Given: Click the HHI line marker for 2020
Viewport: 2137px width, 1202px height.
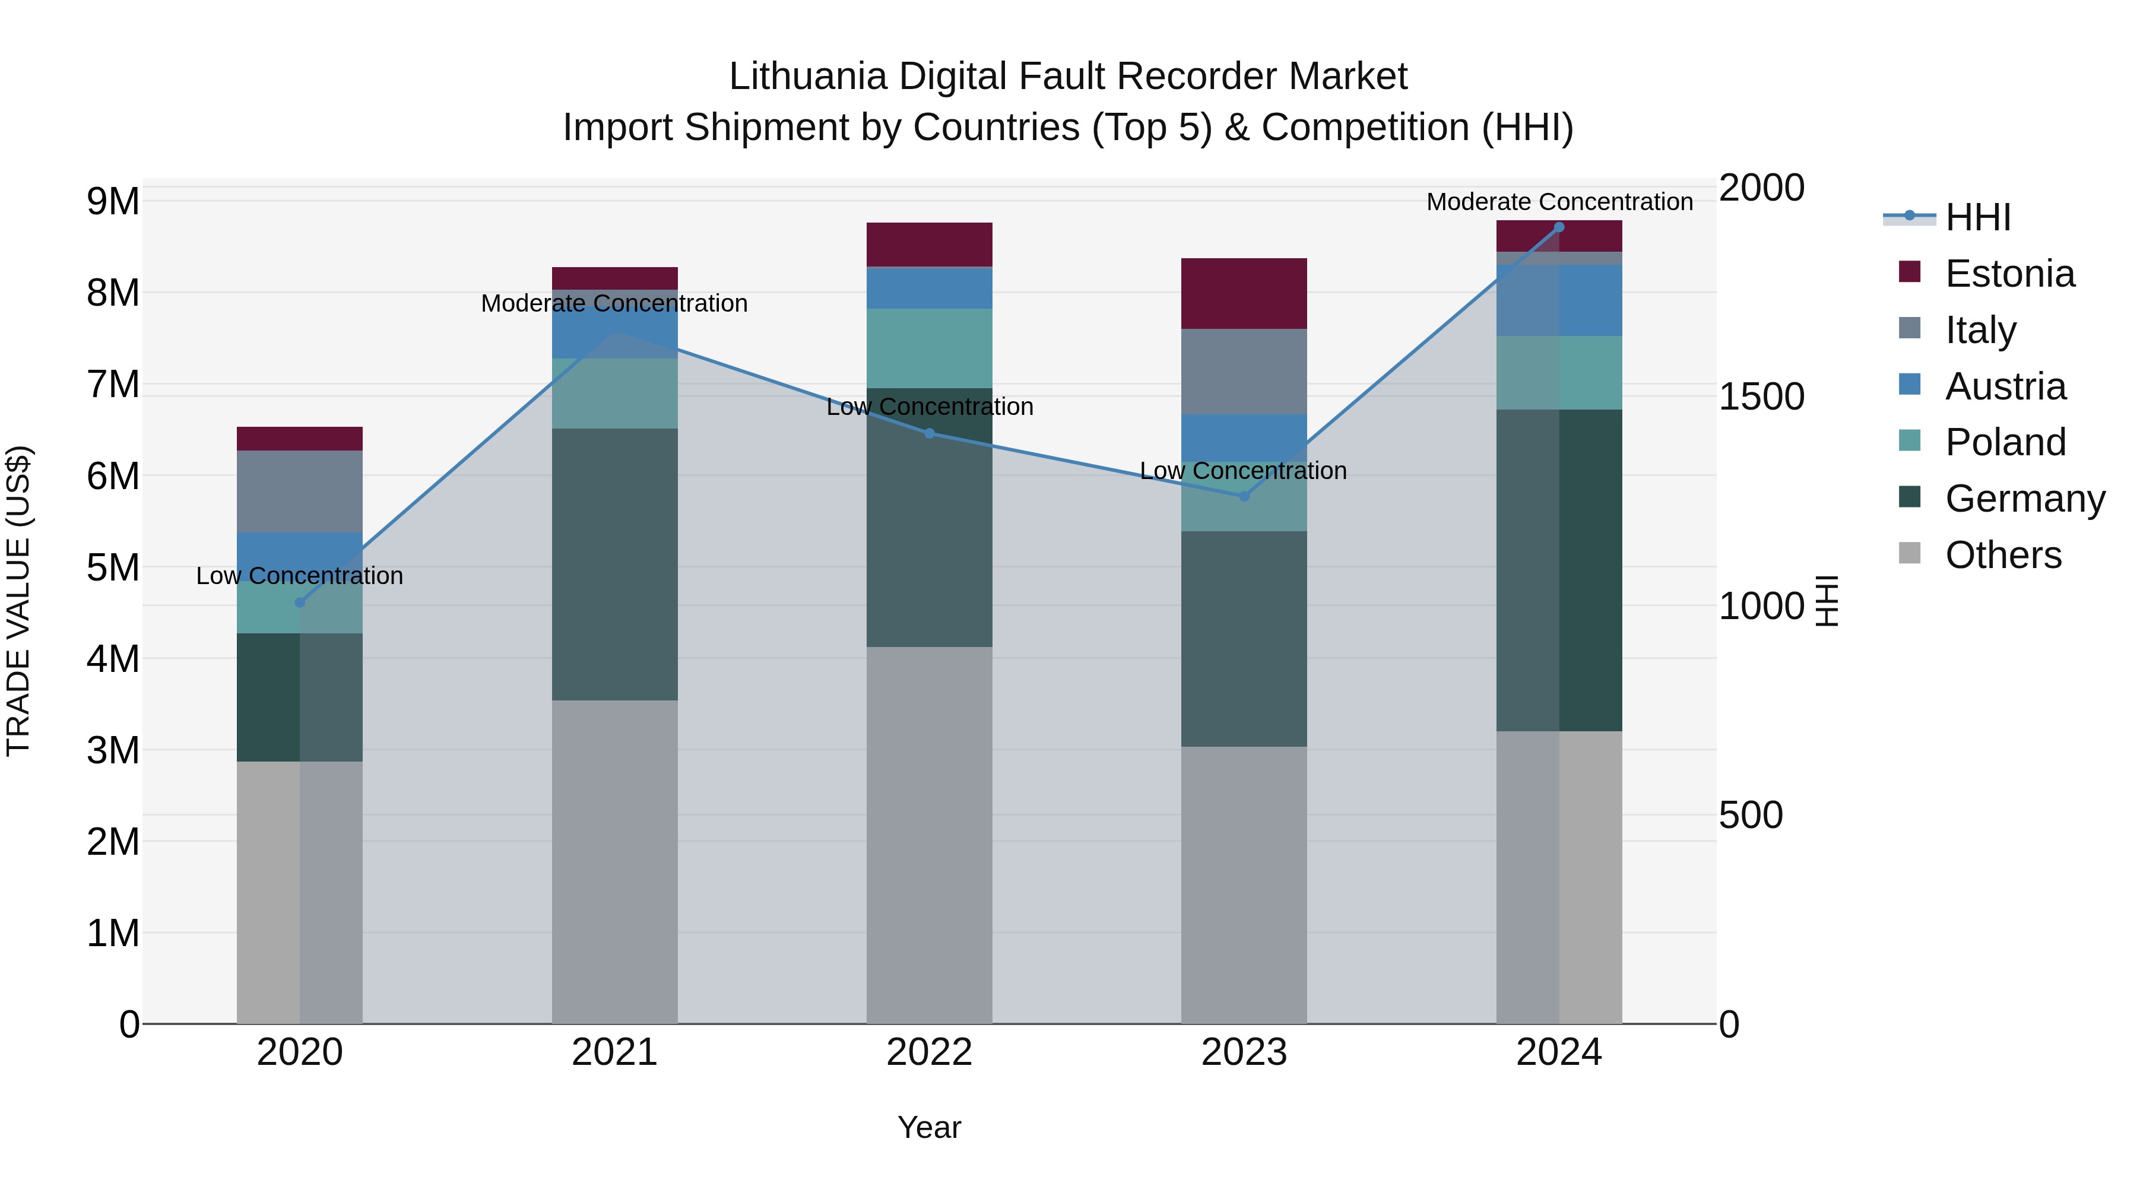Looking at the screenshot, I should click(300, 602).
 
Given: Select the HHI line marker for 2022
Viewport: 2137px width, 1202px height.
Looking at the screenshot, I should click(929, 433).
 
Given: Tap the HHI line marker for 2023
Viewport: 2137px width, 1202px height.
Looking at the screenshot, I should click(1244, 496).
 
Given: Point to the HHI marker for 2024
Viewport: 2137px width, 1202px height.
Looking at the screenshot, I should click(1559, 227).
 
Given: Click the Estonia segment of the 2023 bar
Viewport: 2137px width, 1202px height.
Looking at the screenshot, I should click(1244, 294).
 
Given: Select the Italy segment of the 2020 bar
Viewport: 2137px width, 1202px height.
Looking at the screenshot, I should click(300, 491).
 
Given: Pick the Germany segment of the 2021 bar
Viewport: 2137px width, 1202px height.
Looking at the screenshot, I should click(615, 564).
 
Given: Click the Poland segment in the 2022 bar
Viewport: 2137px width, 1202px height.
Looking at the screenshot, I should click(929, 348).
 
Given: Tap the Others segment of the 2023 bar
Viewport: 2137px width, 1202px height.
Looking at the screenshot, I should click(1244, 884).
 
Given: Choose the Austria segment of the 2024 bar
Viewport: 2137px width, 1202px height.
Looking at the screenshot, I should click(1559, 300).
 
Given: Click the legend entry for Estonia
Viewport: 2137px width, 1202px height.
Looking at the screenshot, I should click(2009, 274).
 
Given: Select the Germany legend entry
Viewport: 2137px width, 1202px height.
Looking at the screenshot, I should click(2024, 499).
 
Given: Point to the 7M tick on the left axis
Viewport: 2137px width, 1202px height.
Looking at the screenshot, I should click(113, 384).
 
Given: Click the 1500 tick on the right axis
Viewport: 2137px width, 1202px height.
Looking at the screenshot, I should click(1761, 397).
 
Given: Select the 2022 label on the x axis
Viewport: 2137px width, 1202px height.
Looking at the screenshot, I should click(929, 1052).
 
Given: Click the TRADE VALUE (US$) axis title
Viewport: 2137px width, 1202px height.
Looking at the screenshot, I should click(18, 601).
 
